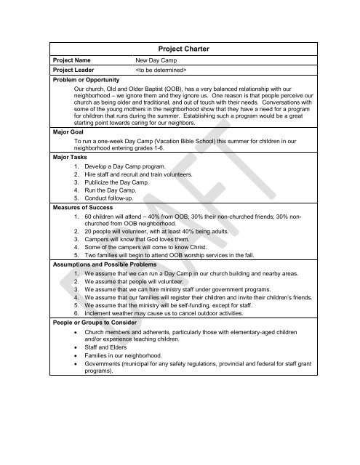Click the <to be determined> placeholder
pyautogui.click(x=162, y=72)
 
